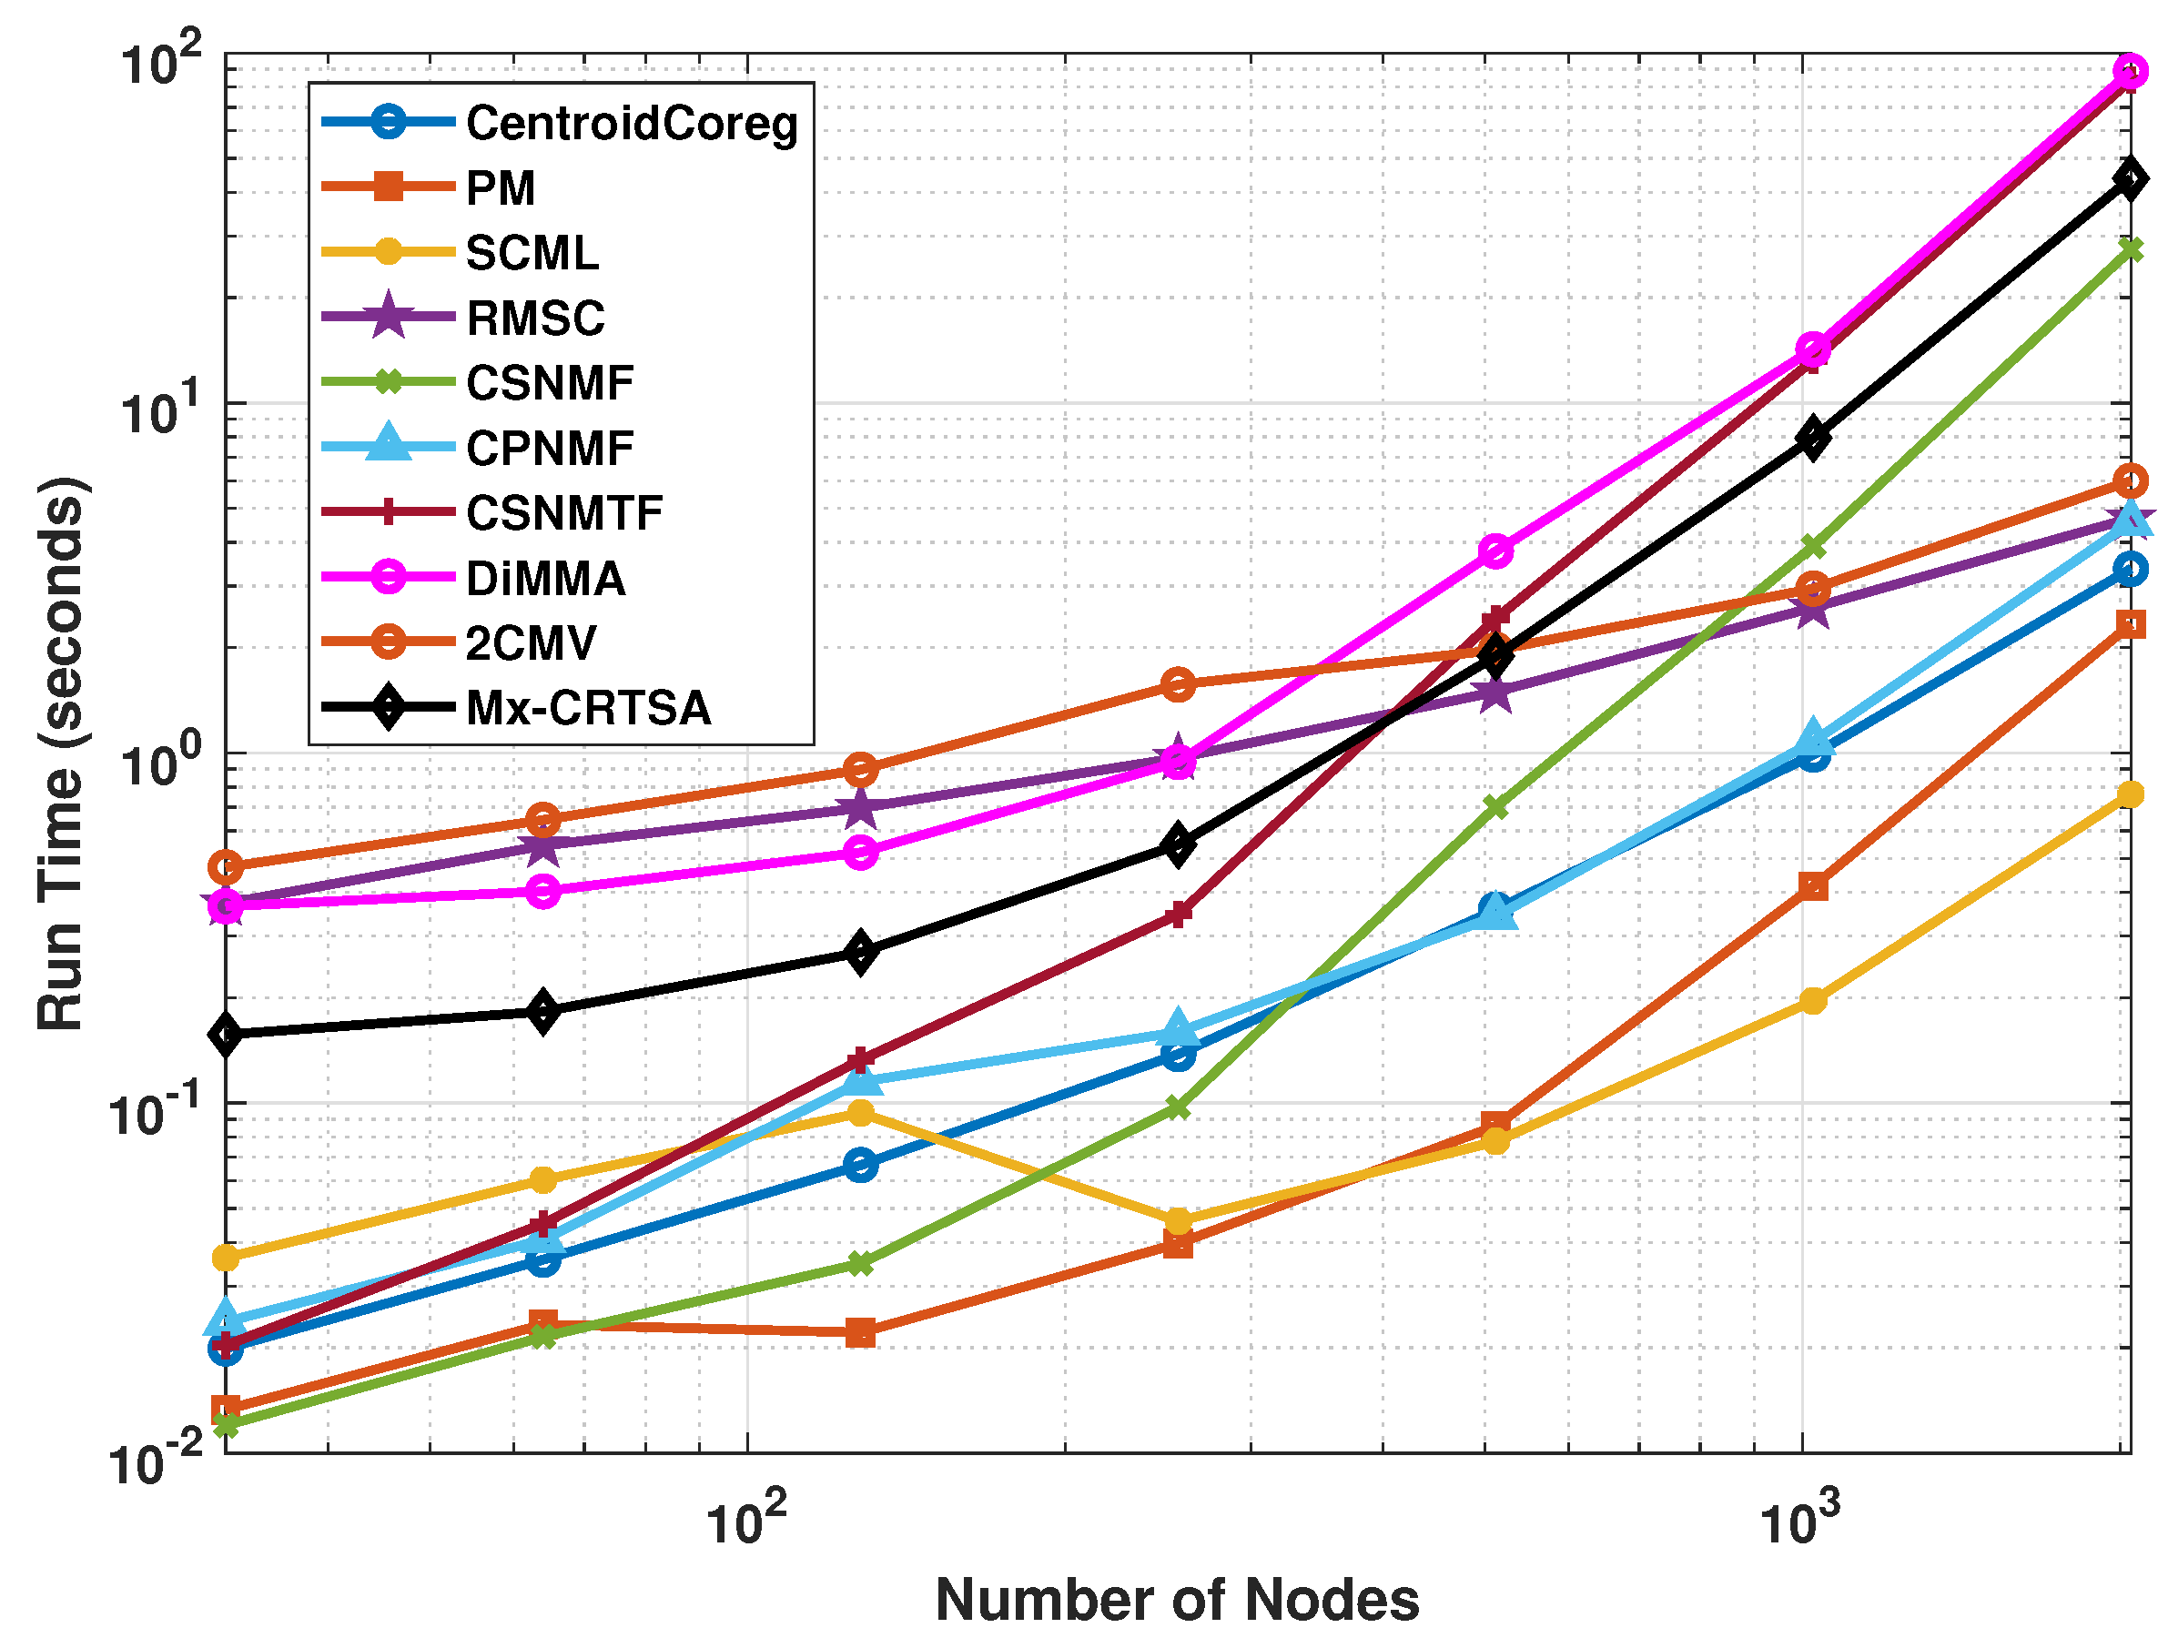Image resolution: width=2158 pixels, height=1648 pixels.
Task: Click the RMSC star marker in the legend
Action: click(x=389, y=317)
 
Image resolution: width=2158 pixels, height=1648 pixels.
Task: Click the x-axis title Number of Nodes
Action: click(x=1176, y=1600)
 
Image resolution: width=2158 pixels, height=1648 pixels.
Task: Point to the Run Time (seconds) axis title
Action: click(x=61, y=753)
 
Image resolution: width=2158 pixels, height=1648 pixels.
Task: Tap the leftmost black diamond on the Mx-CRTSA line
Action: click(x=226, y=1034)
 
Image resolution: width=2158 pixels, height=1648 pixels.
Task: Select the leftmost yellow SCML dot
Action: click(x=226, y=1257)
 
